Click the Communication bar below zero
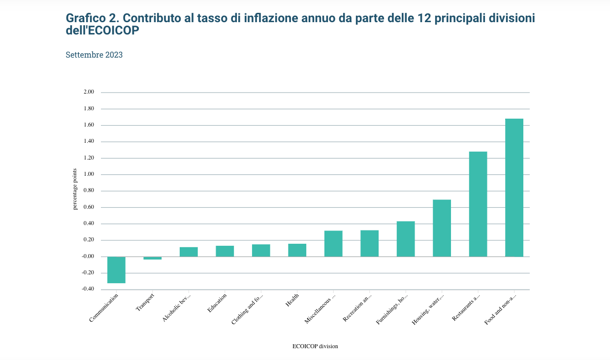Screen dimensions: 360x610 pyautogui.click(x=116, y=270)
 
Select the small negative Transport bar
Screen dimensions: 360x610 pyautogui.click(x=153, y=258)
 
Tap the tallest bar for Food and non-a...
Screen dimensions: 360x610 pyautogui.click(x=514, y=188)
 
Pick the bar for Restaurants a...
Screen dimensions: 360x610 pyautogui.click(x=478, y=204)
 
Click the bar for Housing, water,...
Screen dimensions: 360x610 pyautogui.click(x=442, y=228)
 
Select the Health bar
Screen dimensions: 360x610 pyautogui.click(x=297, y=250)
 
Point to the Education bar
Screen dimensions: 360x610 pyautogui.click(x=225, y=251)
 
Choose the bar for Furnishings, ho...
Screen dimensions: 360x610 pyautogui.click(x=406, y=239)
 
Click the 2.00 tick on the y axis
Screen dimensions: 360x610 pyautogui.click(x=89, y=92)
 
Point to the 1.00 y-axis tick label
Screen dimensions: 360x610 pyautogui.click(x=89, y=174)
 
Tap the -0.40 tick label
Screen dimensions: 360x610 pyautogui.click(x=88, y=289)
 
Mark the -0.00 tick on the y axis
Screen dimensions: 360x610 pyautogui.click(x=88, y=257)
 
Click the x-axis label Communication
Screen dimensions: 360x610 pyautogui.click(x=104, y=308)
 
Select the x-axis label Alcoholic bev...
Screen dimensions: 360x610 pyautogui.click(x=176, y=308)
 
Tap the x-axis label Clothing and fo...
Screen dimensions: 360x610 pyautogui.click(x=247, y=309)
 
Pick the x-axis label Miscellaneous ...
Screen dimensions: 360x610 pyautogui.click(x=320, y=309)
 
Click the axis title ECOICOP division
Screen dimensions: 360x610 pyautogui.click(x=315, y=346)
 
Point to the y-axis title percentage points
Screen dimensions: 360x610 pyautogui.click(x=75, y=189)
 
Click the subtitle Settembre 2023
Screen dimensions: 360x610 pyautogui.click(x=94, y=55)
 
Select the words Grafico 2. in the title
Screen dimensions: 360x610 pyautogui.click(x=92, y=18)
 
